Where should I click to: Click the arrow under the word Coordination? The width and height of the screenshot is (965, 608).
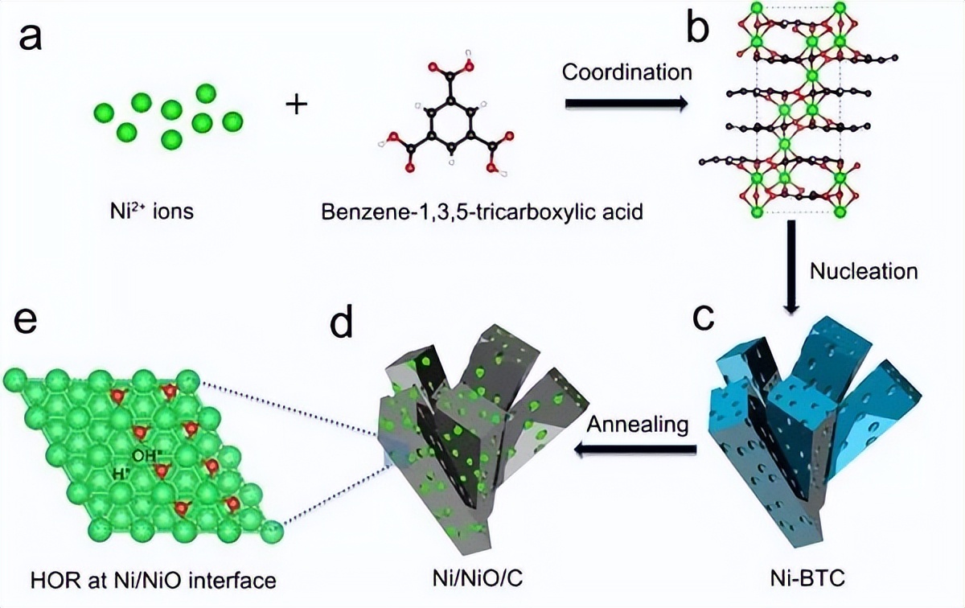[626, 103]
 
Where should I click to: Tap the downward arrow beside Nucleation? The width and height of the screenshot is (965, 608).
[791, 266]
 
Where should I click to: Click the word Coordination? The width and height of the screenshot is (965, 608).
[626, 72]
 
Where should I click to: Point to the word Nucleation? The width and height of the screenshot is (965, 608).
[863, 271]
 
